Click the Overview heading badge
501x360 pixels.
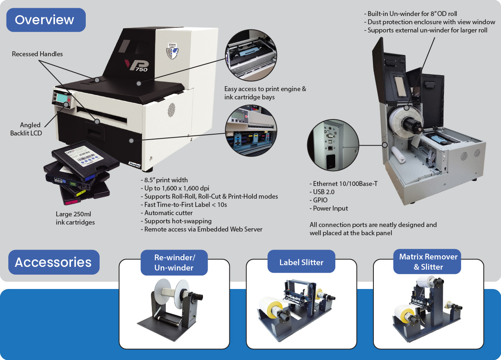click(46, 20)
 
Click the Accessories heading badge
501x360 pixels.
click(53, 262)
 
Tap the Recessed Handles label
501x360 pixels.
click(37, 54)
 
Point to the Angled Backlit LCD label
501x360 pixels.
click(26, 129)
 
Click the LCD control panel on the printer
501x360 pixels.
click(62, 99)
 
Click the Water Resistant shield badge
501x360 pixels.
click(173, 50)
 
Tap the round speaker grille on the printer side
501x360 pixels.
click(170, 108)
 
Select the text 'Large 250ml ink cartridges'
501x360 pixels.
click(75, 218)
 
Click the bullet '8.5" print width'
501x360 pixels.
click(166, 180)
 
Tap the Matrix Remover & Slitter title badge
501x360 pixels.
click(428, 262)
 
